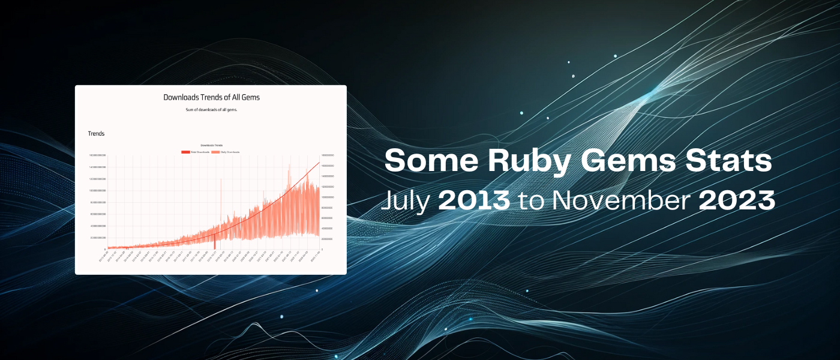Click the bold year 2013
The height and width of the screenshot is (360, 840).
474,201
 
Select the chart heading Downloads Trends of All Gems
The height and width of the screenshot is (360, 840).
211,97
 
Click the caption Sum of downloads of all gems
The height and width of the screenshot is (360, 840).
211,110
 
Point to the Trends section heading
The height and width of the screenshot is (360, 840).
96,134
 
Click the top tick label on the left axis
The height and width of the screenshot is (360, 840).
97,155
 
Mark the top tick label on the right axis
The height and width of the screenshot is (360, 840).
328,155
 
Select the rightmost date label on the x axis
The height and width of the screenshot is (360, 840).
314,257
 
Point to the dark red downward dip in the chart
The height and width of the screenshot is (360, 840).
214,242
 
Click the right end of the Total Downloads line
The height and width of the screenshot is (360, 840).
319,162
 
